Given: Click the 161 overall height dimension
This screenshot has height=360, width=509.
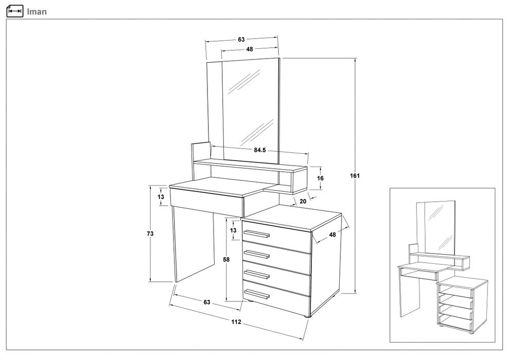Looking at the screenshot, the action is (355, 176).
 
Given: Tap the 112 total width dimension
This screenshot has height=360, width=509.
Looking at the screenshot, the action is (236, 322).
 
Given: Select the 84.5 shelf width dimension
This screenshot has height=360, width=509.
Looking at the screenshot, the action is (260, 150).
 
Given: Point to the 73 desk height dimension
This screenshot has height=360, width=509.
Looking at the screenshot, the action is (150, 233).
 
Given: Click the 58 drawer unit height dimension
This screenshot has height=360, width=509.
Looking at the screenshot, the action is (226, 260).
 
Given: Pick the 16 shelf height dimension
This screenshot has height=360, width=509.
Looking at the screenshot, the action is (321, 178).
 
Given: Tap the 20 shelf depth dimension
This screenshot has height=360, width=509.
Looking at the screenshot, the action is (303, 202).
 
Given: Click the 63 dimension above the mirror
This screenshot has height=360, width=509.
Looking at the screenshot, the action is (241, 40).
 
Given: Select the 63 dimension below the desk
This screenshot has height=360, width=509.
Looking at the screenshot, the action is (207, 302).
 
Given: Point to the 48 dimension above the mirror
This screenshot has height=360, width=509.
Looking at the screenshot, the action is (249, 49).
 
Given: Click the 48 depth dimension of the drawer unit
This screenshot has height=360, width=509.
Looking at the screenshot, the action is (332, 235).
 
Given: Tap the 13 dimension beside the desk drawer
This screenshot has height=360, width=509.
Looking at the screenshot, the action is (161, 197).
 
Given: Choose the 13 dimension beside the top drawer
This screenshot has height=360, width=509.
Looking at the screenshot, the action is (233, 230).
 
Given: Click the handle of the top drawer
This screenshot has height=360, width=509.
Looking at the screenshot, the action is (256, 234).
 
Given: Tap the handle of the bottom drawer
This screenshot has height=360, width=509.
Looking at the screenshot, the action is (256, 293).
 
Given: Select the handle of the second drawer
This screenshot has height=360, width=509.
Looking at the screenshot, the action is (256, 254).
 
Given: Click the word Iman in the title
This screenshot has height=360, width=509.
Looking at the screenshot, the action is (37, 12).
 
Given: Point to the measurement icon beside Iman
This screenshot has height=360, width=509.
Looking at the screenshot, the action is (15, 11).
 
